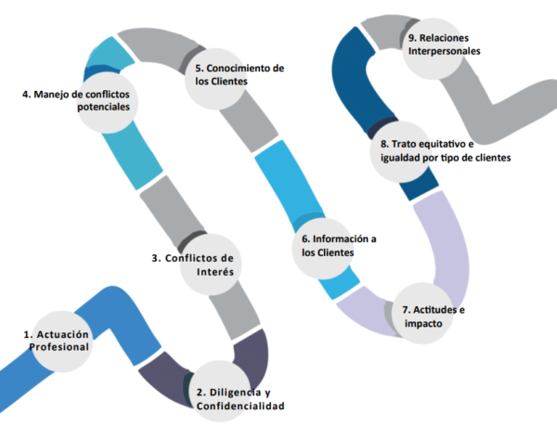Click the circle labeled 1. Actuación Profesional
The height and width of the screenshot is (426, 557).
58,340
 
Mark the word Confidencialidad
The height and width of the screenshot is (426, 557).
240,406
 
